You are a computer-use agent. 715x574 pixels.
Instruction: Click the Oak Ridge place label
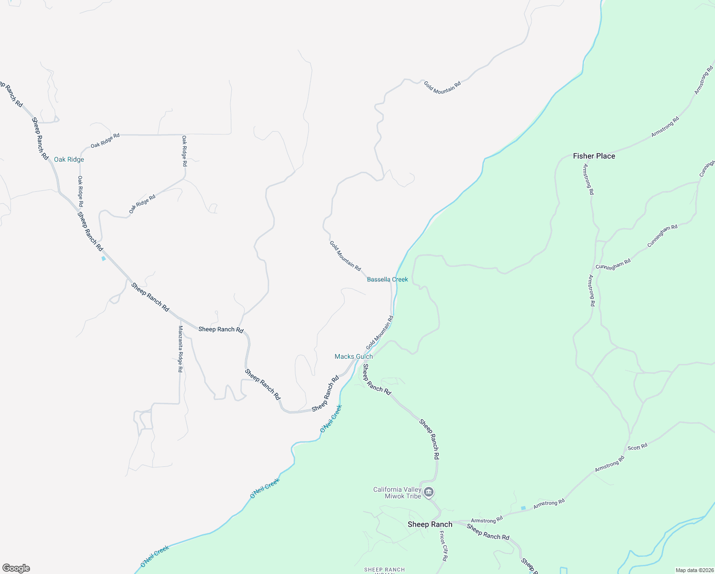tap(69, 159)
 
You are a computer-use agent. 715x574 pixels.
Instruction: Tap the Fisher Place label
tap(594, 156)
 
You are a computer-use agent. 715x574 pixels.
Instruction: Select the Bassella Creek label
tap(387, 279)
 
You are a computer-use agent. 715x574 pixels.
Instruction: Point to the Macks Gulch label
tap(353, 356)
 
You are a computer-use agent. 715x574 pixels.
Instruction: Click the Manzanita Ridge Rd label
tap(180, 349)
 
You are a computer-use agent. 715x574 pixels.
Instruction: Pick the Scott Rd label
tap(637, 447)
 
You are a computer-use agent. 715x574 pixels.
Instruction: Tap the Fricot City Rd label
tap(444, 546)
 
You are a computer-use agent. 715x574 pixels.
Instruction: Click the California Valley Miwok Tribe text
tap(397, 493)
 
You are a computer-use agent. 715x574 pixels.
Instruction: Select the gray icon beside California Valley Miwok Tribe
tap(429, 492)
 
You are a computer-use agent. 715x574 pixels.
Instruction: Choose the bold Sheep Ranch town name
tap(430, 524)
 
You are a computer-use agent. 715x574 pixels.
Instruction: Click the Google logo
tap(16, 568)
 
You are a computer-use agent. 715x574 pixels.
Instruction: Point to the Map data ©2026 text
tap(694, 570)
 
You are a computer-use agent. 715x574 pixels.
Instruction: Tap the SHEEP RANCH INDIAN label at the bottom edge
tap(384, 570)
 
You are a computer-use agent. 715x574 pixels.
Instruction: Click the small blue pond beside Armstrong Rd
tap(523, 508)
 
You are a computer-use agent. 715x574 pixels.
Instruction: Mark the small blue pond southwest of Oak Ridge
tap(103, 259)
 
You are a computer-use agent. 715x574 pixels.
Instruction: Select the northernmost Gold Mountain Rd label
tap(442, 87)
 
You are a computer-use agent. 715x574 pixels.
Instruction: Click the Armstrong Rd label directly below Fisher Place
tap(588, 179)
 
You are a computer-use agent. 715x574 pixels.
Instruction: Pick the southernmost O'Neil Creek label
tap(155, 556)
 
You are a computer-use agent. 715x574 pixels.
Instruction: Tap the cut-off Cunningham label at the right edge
tap(707, 169)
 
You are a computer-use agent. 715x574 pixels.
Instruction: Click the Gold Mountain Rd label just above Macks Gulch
tap(379, 332)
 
